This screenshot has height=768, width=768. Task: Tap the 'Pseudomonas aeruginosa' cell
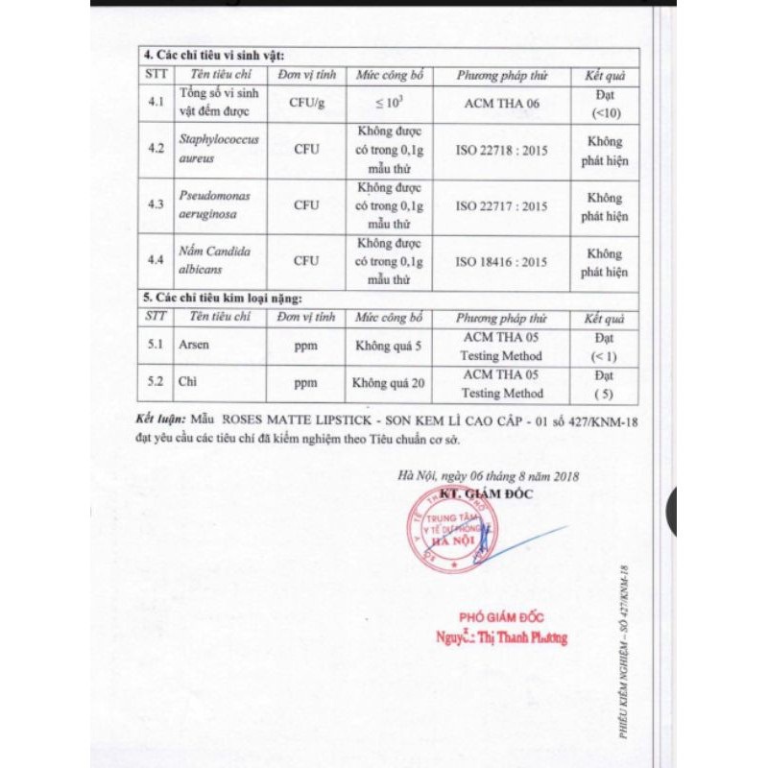[x=214, y=204]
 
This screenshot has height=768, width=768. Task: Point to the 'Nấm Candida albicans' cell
[x=214, y=260]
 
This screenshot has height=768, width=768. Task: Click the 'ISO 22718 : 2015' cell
[x=501, y=150]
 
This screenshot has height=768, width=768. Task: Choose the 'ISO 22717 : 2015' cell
[x=501, y=205]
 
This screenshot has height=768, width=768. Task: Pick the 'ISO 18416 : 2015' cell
[x=501, y=261]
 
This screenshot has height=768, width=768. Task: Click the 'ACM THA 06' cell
[x=501, y=103]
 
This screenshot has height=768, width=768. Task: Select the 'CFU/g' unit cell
[x=306, y=103]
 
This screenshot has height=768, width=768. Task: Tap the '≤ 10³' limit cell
[x=389, y=103]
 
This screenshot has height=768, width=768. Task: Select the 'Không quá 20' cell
[x=389, y=383]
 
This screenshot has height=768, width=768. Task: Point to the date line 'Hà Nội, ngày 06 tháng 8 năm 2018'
[x=488, y=475]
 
